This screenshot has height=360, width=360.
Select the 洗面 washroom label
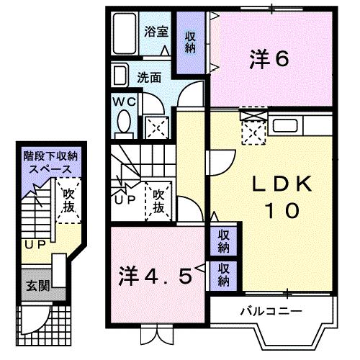coord(150,76)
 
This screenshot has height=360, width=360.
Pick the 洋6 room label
coord(270,59)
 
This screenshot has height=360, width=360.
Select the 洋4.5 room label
coord(156,276)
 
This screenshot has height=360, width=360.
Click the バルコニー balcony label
coord(270,311)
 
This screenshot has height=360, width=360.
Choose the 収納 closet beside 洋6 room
coord(189,42)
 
